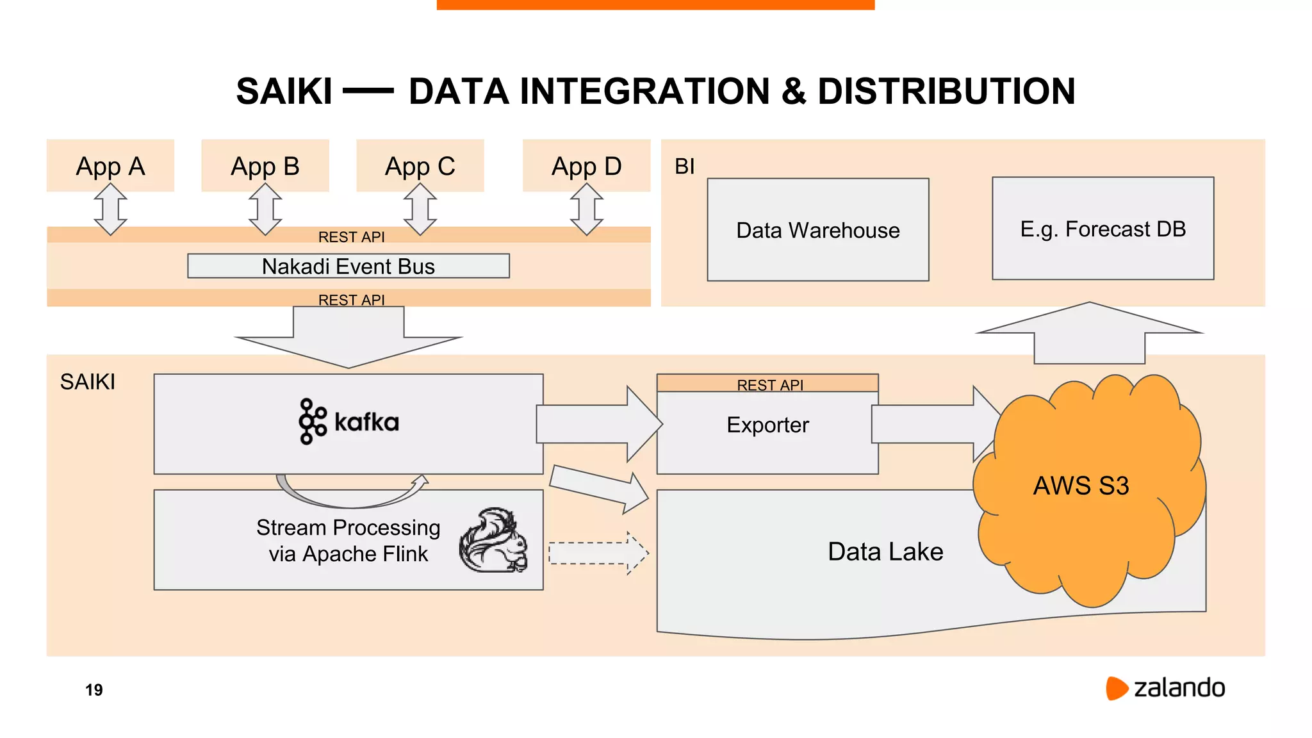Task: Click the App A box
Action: click(110, 165)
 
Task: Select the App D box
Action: click(586, 165)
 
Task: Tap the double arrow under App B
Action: click(265, 209)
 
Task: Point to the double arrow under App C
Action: click(420, 209)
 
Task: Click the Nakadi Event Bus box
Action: click(348, 266)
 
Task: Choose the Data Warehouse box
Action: click(817, 229)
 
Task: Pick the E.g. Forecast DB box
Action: click(1103, 228)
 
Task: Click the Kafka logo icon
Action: click(312, 421)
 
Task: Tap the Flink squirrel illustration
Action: click(494, 540)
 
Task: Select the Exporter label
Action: click(767, 425)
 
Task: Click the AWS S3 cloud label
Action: click(1081, 486)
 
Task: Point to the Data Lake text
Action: click(885, 552)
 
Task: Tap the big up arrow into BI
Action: click(1089, 333)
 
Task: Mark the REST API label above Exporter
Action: click(769, 384)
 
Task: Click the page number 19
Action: click(94, 690)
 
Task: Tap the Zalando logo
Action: click(1165, 688)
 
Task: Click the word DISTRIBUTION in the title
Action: click(946, 91)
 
